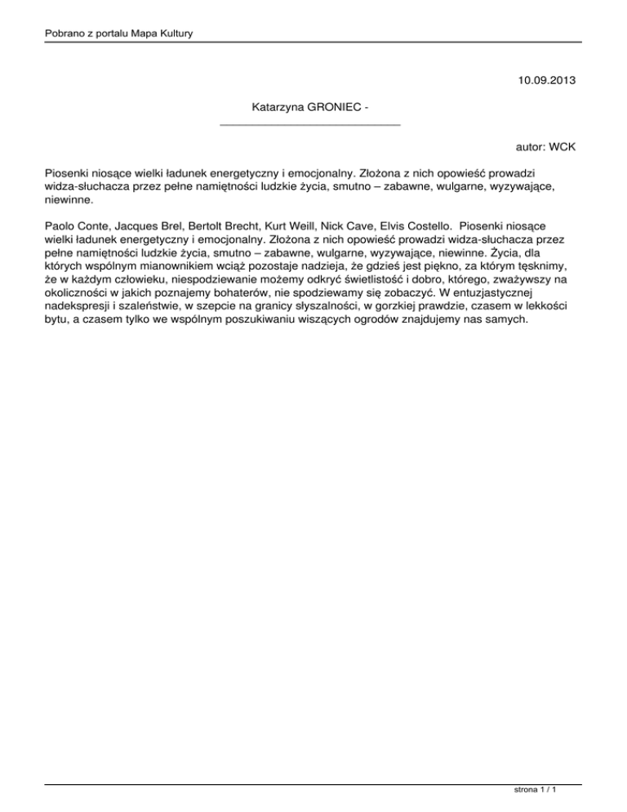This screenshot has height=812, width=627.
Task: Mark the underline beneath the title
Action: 311,124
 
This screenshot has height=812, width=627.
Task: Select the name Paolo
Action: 61,223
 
